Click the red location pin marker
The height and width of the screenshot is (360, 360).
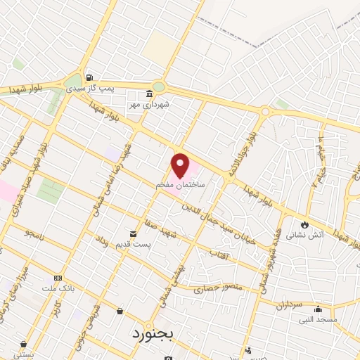(x=180, y=165)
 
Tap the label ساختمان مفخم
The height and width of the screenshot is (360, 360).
(x=180, y=184)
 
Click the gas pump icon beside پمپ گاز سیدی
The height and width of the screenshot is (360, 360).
(x=89, y=77)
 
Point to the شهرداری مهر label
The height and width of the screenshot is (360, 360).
(x=149, y=105)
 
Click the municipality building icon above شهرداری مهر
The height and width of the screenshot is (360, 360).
(x=149, y=94)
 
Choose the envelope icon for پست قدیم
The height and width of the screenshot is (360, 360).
(x=132, y=234)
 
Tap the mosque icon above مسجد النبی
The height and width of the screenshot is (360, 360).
(x=318, y=309)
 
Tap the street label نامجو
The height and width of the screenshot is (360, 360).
(x=33, y=232)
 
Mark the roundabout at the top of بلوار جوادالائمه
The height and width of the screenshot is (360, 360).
(x=266, y=112)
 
